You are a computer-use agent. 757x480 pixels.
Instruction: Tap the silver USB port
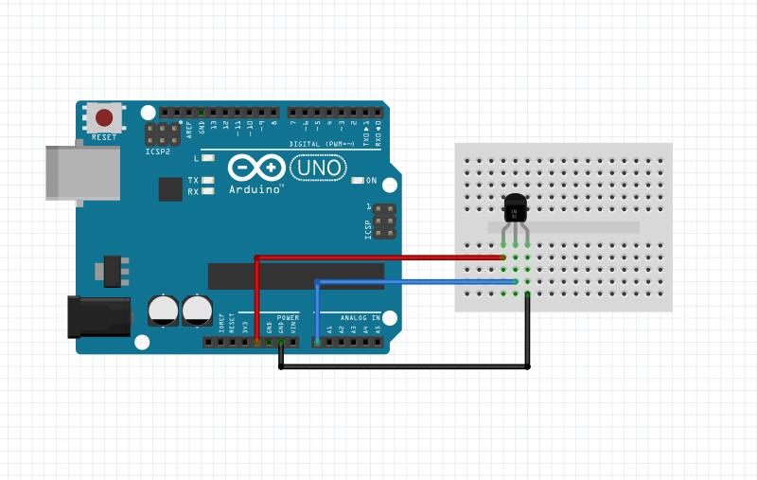[x=83, y=172]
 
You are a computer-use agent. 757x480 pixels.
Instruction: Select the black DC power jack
[x=97, y=316]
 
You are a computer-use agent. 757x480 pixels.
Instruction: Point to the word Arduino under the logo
[x=255, y=189]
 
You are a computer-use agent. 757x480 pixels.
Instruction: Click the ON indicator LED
[x=358, y=180]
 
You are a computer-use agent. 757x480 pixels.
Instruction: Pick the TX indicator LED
[x=208, y=180]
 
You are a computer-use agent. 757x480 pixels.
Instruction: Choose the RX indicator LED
[x=208, y=191]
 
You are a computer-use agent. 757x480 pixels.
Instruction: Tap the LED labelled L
[x=208, y=158]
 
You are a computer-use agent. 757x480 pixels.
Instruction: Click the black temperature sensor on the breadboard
[x=516, y=205]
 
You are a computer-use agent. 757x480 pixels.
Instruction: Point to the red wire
[x=378, y=257]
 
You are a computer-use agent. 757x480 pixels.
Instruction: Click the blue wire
[x=416, y=281]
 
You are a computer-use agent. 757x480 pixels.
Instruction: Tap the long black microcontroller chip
[x=295, y=276]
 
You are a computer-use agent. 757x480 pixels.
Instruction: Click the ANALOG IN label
[x=361, y=318]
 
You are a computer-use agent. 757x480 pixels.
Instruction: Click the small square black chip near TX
[x=170, y=188]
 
